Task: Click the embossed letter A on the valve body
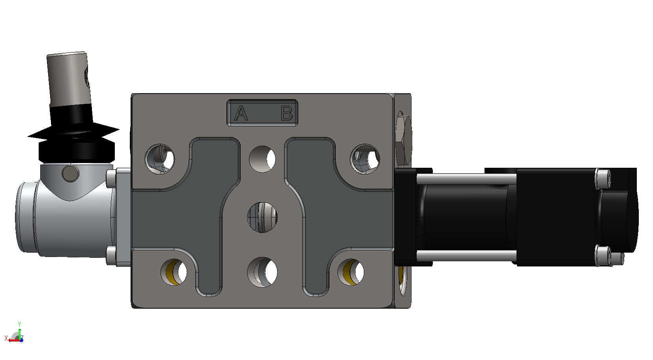point(241,113)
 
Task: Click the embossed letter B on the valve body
point(287,113)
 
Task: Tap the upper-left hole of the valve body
point(160,159)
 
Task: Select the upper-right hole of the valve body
point(365,159)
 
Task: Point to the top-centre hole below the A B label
point(262,159)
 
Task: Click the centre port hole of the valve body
point(262,217)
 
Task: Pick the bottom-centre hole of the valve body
point(262,272)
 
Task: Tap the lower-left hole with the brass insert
point(174,272)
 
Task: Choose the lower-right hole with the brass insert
point(351,272)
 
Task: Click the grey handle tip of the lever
point(69,79)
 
